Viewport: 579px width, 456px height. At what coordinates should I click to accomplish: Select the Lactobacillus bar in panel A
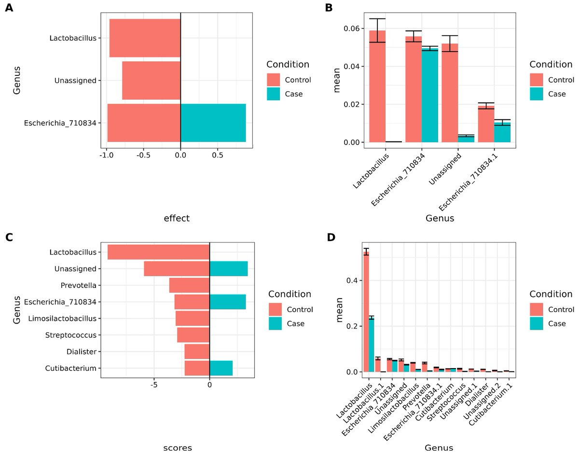pos(145,38)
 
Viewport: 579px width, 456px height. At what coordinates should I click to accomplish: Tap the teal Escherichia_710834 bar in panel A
pos(213,123)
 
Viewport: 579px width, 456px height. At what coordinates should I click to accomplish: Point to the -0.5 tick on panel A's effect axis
pos(143,156)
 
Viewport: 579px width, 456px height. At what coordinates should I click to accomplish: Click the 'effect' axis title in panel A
pos(177,218)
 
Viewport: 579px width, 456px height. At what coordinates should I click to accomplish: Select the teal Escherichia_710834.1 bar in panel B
pos(502,132)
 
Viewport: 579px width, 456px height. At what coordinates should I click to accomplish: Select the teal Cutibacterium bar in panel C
pos(221,368)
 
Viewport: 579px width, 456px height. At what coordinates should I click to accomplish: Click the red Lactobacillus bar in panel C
pos(158,252)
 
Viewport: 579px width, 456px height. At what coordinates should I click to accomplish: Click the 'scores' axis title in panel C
pos(177,447)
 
